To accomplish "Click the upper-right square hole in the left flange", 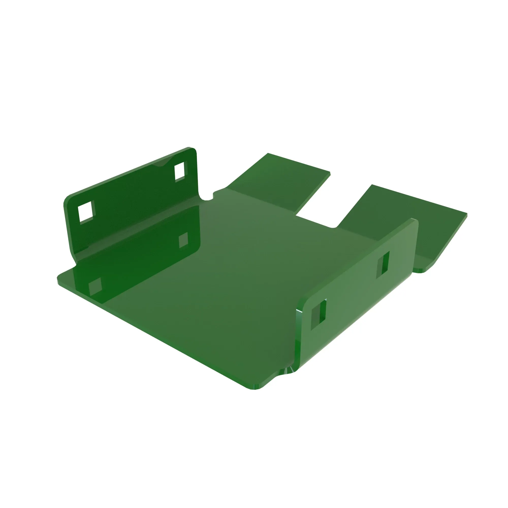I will tap(180, 172).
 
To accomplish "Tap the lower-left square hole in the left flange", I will tap(86, 212).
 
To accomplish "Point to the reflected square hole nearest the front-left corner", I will tap(95, 286).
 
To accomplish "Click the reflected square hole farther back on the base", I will tap(183, 240).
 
